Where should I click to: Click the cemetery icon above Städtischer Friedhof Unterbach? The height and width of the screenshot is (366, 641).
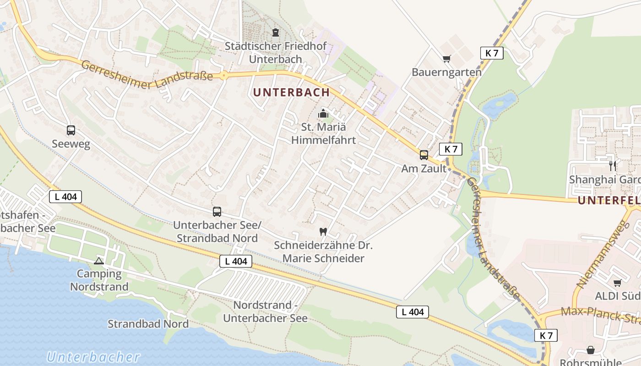click(x=276, y=32)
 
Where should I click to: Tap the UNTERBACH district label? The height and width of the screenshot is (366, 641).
click(x=291, y=92)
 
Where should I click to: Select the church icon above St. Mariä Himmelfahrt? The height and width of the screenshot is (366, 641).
click(x=324, y=113)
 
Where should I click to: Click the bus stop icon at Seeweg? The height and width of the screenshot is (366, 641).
click(x=71, y=130)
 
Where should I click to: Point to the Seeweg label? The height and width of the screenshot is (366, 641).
click(x=71, y=144)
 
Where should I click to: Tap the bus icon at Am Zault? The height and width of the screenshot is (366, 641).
click(x=424, y=155)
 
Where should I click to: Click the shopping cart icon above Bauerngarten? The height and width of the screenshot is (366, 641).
click(x=446, y=59)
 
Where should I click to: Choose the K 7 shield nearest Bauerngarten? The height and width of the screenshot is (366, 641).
click(x=492, y=53)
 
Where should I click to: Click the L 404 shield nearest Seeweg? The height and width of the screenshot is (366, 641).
click(x=65, y=197)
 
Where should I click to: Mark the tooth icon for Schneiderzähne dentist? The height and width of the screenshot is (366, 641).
click(x=323, y=231)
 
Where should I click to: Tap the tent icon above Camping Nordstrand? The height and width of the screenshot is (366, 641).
click(x=98, y=261)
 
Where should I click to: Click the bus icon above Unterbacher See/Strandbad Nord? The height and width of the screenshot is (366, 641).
click(x=217, y=212)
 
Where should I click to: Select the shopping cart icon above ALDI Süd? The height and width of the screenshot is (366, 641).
click(x=617, y=283)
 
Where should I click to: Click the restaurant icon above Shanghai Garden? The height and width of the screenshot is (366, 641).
click(x=613, y=166)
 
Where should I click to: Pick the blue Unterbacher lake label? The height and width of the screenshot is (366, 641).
click(x=93, y=357)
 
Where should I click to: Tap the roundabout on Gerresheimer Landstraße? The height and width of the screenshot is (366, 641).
click(x=223, y=76)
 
